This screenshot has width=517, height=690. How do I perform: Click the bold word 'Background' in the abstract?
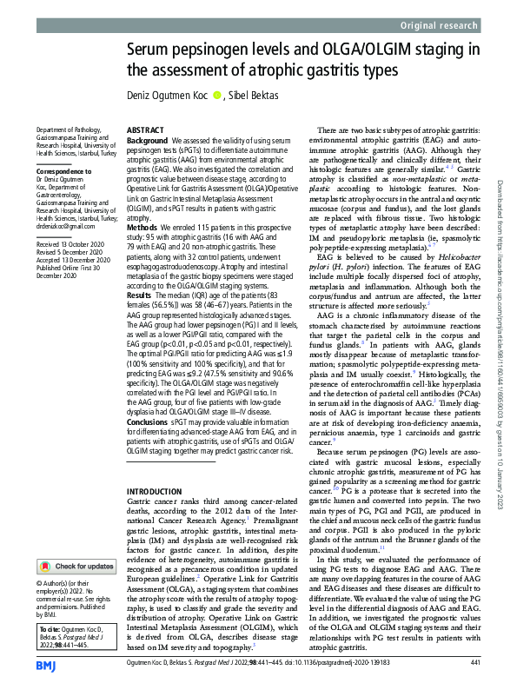pos(148,140)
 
